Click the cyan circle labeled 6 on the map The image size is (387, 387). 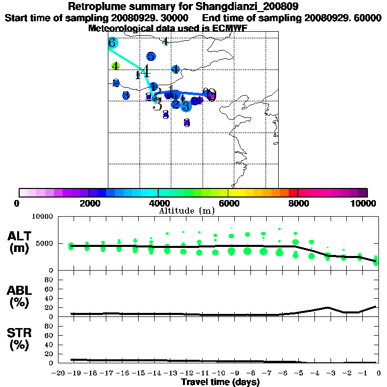(112, 43)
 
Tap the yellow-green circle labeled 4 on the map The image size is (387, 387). (115, 66)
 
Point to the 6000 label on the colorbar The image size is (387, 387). (228, 203)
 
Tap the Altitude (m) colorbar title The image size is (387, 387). (186, 211)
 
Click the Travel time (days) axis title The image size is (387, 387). (220, 382)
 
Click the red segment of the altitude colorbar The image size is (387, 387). (293, 192)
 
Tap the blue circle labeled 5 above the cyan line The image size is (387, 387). (151, 56)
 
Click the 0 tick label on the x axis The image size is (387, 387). (378, 373)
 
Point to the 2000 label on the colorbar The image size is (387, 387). (89, 203)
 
